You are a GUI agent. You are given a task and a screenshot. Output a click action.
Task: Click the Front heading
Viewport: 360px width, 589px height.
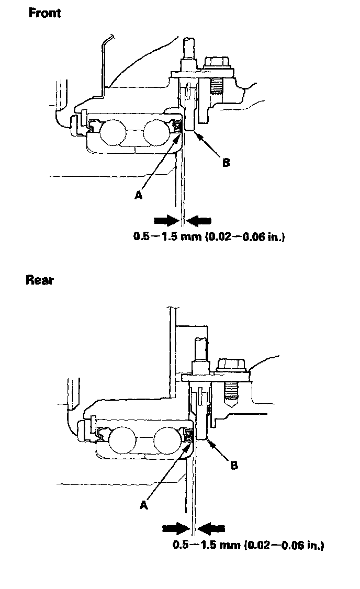(45, 13)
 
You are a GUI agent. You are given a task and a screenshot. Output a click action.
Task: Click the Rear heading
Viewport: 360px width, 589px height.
(40, 280)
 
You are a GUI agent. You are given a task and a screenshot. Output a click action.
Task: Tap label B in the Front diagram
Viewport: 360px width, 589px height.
(226, 163)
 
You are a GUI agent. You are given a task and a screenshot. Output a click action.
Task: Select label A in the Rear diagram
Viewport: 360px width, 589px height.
(144, 505)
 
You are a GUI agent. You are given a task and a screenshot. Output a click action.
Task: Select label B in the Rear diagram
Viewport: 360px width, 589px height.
(234, 465)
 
